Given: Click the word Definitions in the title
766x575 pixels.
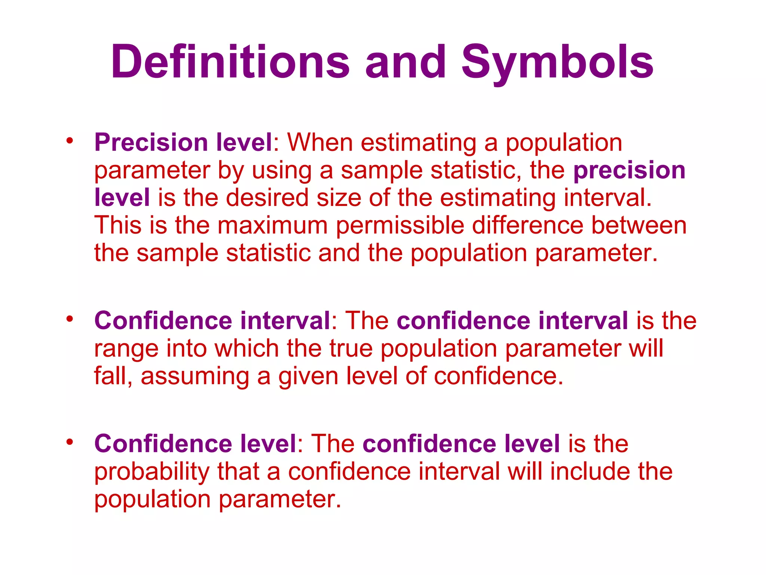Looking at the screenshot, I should tap(230, 62).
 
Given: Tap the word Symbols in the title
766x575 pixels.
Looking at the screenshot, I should tap(557, 62).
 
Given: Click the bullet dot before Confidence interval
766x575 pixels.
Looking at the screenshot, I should tap(69, 319).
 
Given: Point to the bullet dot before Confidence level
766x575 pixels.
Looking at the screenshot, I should tap(69, 442).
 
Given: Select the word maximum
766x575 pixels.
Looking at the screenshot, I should tap(272, 225).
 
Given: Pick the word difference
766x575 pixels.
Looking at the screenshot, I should tap(527, 225).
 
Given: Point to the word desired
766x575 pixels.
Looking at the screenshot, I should tap(267, 198).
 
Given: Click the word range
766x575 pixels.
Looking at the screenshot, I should tap(126, 349).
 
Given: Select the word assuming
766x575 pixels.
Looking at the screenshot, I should tap(194, 377).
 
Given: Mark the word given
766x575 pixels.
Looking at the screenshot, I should tap(308, 377).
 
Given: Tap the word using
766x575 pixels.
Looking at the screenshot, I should tap(281, 171).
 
